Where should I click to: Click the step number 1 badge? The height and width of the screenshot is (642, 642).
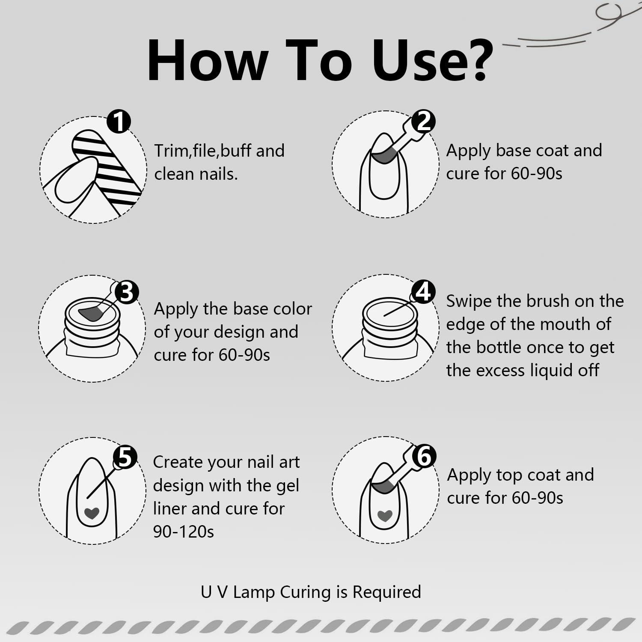[x=119, y=121]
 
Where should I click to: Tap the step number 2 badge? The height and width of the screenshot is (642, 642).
[x=423, y=121]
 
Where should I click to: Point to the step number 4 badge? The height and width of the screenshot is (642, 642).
[x=423, y=292]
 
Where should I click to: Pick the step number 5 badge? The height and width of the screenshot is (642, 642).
[x=125, y=457]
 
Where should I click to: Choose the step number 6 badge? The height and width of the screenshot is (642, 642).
[x=424, y=456]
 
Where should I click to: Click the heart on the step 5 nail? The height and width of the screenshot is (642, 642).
[x=92, y=513]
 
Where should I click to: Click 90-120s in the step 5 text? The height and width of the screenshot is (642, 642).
[x=183, y=532]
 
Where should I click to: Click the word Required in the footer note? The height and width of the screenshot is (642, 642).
[x=386, y=592]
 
